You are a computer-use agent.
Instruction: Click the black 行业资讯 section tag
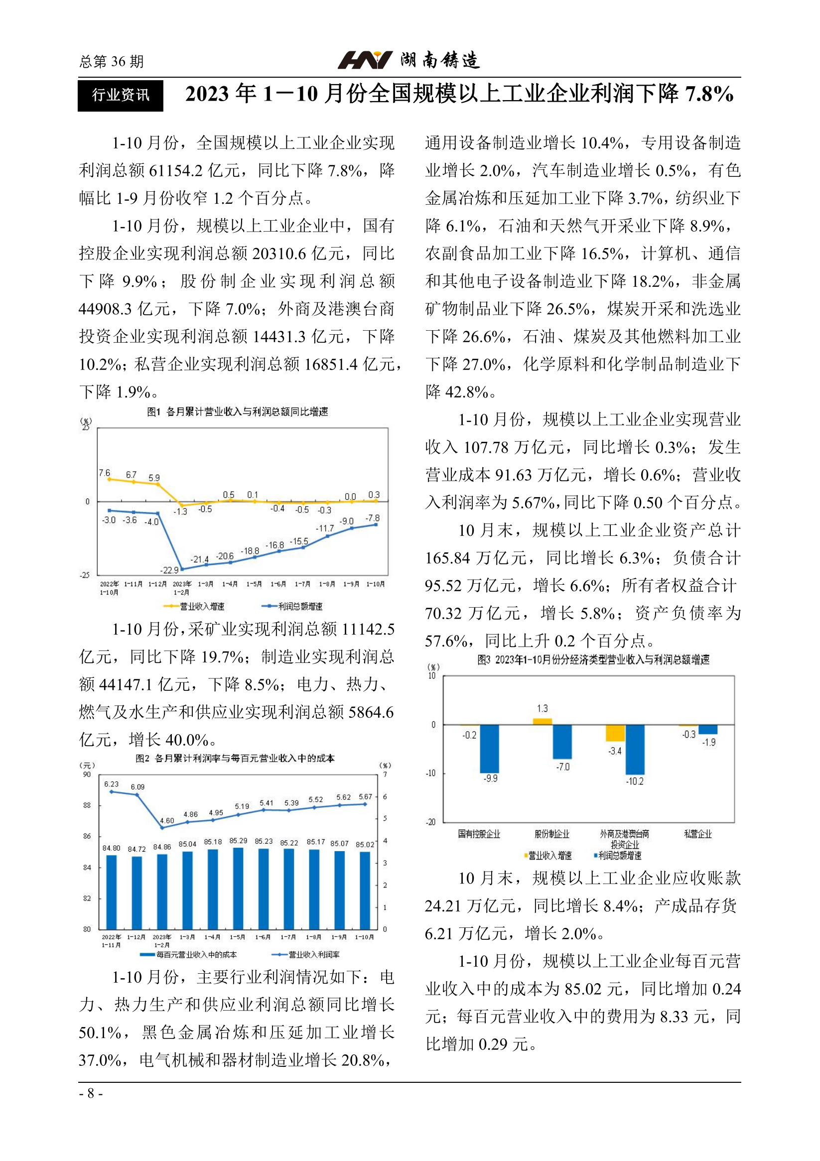121,95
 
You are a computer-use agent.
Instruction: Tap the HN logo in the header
365,60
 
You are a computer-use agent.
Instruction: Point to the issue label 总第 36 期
112,62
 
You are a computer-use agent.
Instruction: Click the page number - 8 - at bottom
91,1093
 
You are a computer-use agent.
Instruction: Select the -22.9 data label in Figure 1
169,570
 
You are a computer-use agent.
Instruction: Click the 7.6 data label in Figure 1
104,473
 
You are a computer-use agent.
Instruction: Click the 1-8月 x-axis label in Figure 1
327,584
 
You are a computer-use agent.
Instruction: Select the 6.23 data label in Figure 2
111,784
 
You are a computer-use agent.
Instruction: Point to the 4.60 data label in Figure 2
167,821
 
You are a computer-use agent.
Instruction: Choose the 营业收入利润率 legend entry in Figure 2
305,955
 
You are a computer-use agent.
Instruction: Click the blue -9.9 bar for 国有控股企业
489,749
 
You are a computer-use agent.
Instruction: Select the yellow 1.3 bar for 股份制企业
543,722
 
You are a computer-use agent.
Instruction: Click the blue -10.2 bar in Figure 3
635,750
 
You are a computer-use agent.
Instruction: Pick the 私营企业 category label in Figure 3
697,834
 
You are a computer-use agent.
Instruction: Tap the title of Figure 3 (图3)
593,659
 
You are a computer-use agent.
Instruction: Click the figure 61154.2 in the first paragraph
175,170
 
